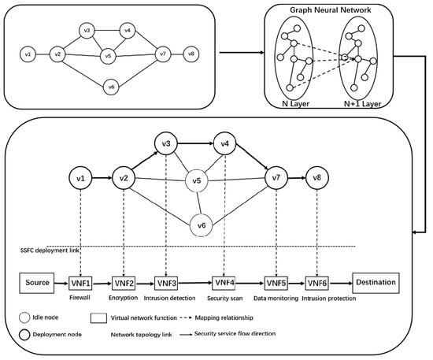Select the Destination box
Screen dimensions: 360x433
[x=375, y=281]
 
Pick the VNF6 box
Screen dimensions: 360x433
[x=316, y=282]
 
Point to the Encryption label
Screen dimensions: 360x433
[x=124, y=299]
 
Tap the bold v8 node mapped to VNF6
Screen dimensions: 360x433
[x=316, y=178]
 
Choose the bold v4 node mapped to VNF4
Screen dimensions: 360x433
[x=224, y=145]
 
